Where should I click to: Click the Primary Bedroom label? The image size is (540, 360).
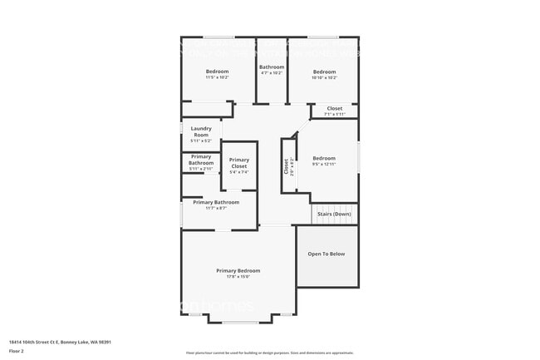click(x=238, y=270)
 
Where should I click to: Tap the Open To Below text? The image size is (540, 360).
click(x=326, y=254)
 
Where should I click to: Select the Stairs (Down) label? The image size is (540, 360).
click(x=334, y=215)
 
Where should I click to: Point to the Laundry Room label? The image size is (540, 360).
click(x=201, y=131)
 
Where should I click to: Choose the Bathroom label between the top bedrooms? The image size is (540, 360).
click(x=272, y=67)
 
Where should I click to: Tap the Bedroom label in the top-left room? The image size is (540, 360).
click(x=217, y=72)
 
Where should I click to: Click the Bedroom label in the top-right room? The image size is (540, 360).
click(x=324, y=72)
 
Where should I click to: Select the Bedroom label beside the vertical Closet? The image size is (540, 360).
click(x=324, y=158)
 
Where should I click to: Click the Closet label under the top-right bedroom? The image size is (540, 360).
click(x=334, y=108)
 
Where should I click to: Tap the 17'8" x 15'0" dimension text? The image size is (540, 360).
click(x=238, y=277)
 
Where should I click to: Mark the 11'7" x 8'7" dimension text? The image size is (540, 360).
click(x=216, y=208)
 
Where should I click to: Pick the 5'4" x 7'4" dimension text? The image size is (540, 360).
click(x=238, y=172)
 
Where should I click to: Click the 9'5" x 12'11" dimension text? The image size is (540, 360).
click(x=324, y=165)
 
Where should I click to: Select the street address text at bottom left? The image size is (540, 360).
click(x=60, y=341)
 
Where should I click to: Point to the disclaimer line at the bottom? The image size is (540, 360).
click(x=269, y=353)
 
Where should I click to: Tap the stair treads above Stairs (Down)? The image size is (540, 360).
click(x=335, y=207)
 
